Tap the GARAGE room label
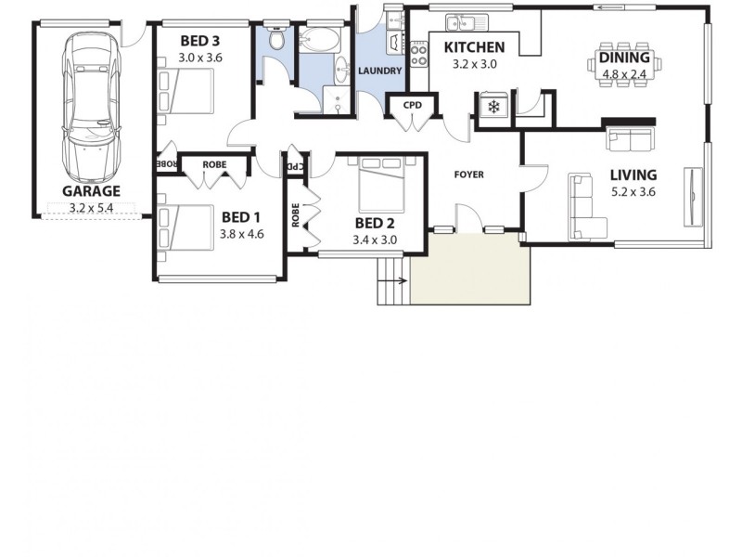[91, 191]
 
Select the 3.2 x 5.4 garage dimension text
[91, 208]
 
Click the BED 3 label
[200, 42]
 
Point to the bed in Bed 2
[379, 182]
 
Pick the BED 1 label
[242, 218]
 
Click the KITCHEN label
[474, 48]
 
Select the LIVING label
[633, 175]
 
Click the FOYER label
[468, 175]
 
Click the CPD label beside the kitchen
[413, 105]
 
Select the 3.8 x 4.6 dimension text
[242, 235]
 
